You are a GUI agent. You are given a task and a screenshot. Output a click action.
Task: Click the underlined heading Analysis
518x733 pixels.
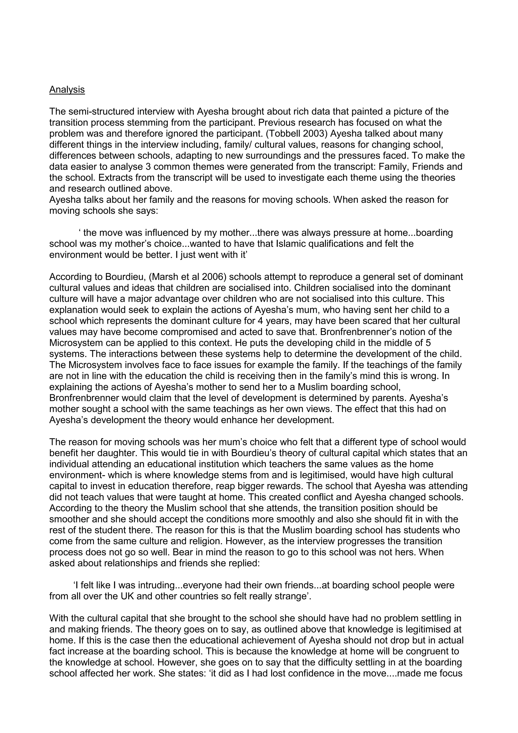pos(67,90)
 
